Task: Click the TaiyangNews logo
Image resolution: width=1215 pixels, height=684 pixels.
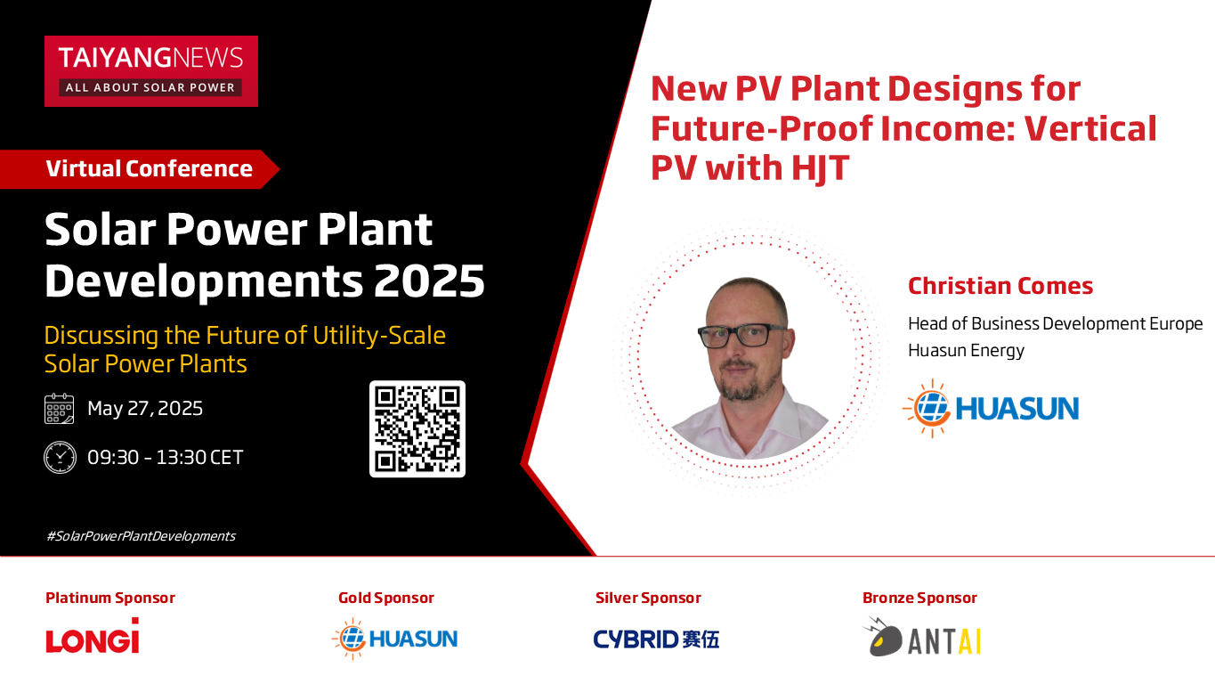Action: pyautogui.click(x=151, y=71)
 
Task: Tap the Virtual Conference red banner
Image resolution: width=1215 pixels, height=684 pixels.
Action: pyautogui.click(x=140, y=169)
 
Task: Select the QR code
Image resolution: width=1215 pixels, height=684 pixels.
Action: pyautogui.click(x=417, y=429)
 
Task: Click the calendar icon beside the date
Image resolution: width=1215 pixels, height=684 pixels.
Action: pyautogui.click(x=59, y=408)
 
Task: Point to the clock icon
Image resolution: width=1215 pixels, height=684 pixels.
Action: pyautogui.click(x=60, y=457)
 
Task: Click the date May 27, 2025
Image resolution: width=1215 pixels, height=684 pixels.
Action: pyautogui.click(x=145, y=408)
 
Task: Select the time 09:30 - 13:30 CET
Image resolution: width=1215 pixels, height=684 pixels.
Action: pyautogui.click(x=165, y=457)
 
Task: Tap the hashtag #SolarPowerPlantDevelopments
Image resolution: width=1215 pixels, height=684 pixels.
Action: pyautogui.click(x=141, y=536)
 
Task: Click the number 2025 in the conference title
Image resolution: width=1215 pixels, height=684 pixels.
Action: pyautogui.click(x=429, y=281)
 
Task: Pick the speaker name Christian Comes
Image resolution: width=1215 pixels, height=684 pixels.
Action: pyautogui.click(x=1000, y=286)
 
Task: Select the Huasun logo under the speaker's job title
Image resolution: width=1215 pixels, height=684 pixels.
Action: pyautogui.click(x=991, y=409)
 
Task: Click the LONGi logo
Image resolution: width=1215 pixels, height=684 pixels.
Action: pyautogui.click(x=93, y=636)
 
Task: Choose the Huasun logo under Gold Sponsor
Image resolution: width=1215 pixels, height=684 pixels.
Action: pyautogui.click(x=395, y=639)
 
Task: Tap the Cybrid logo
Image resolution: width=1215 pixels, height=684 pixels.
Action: pyautogui.click(x=656, y=639)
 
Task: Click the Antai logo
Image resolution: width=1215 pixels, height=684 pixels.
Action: pyautogui.click(x=921, y=637)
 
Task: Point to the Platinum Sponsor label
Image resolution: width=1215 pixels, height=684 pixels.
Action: pyautogui.click(x=110, y=598)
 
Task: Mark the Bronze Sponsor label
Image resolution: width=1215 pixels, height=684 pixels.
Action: pyautogui.click(x=919, y=598)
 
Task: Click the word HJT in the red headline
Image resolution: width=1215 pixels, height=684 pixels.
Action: pyautogui.click(x=820, y=167)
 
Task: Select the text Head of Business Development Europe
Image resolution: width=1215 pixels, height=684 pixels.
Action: pyautogui.click(x=1055, y=323)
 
